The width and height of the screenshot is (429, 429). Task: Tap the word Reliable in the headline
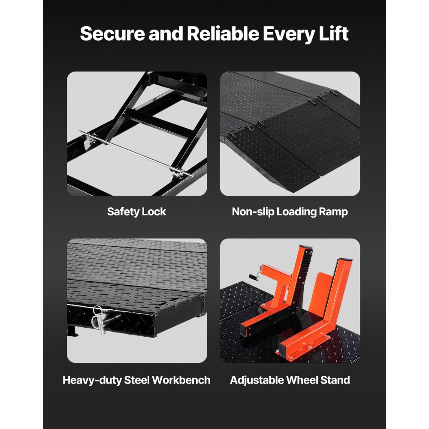[x=218, y=34]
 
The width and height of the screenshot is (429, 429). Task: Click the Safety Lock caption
[x=136, y=211]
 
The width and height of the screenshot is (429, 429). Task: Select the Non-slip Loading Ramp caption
[x=290, y=211]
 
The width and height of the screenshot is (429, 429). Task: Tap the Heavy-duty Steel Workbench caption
[x=136, y=380]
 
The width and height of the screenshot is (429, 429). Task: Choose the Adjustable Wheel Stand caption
[x=290, y=380]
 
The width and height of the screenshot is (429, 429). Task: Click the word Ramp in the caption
[x=333, y=211]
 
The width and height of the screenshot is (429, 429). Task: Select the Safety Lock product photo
[x=136, y=133]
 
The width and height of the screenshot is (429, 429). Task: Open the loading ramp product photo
[x=290, y=133]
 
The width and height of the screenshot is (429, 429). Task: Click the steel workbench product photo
[x=136, y=300]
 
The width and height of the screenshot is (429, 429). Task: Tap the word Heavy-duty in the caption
[x=91, y=380]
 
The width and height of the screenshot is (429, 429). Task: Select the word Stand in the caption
[x=335, y=380]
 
